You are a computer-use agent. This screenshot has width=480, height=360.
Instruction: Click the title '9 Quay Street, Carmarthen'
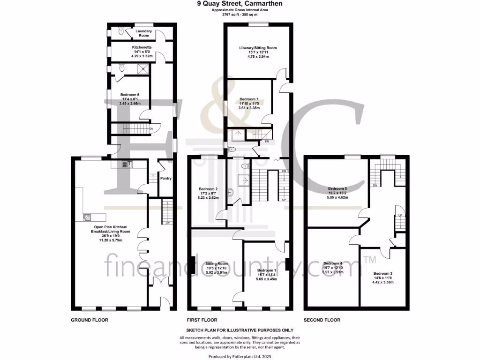click(240, 4)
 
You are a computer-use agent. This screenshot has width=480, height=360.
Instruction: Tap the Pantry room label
click(165, 178)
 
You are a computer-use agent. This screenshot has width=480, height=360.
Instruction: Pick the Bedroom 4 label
click(333, 263)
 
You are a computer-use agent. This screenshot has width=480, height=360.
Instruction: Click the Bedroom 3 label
click(383, 273)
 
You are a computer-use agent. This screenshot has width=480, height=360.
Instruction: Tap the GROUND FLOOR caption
click(90, 320)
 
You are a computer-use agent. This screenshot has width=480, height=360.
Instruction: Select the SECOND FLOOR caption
click(322, 320)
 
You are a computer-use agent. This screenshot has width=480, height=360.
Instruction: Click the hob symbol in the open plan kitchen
click(87, 217)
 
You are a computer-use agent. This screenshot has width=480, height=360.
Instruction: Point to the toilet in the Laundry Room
click(120, 31)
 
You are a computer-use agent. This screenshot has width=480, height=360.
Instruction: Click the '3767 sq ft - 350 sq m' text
click(240, 15)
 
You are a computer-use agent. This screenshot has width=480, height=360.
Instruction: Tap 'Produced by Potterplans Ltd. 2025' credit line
click(240, 356)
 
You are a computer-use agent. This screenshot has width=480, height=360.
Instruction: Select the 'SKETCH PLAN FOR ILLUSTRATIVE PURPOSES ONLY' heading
click(240, 330)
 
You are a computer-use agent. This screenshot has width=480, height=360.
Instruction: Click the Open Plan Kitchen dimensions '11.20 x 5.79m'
click(110, 240)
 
